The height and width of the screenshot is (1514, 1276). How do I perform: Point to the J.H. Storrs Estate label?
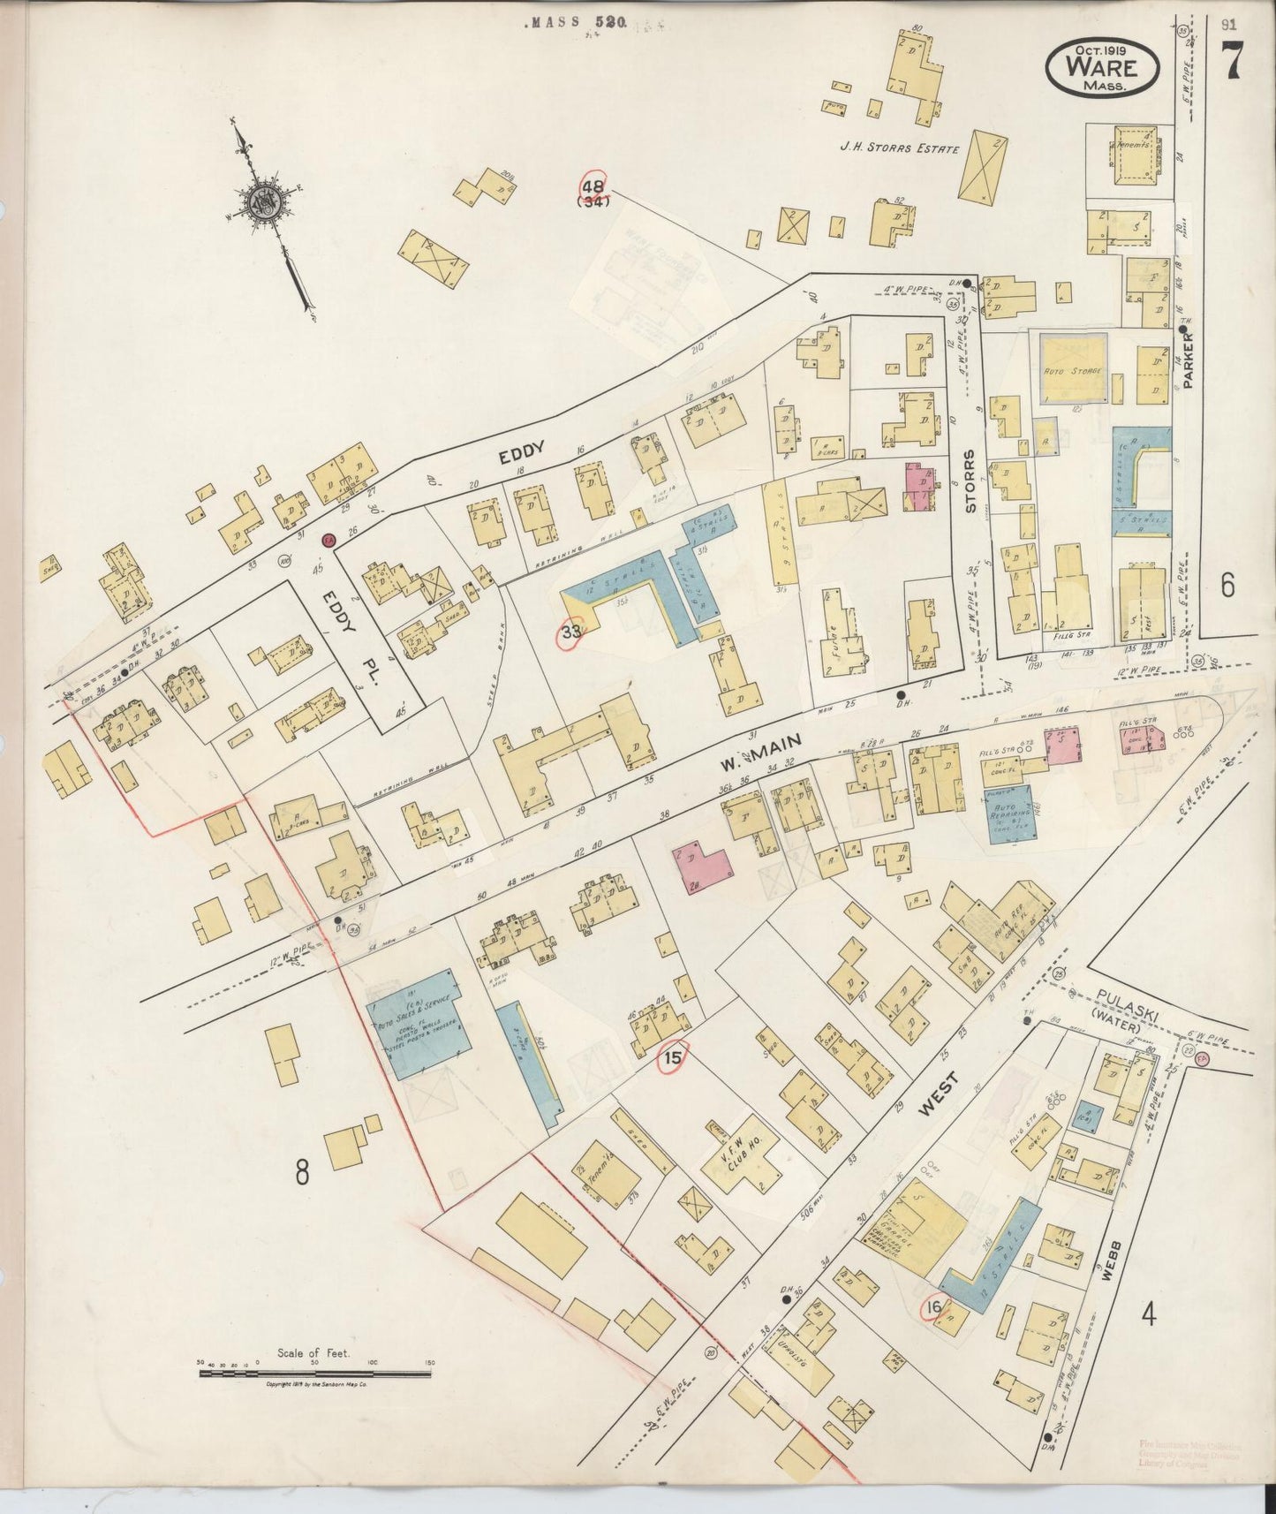click(x=899, y=149)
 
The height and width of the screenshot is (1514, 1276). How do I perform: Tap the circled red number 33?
click(x=571, y=632)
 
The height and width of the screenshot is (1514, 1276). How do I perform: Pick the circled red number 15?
click(x=673, y=1056)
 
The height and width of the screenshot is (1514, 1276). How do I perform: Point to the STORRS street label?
click(x=970, y=481)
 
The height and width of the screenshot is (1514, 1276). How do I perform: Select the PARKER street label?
click(x=1189, y=360)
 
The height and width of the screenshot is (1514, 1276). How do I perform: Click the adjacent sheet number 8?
click(x=302, y=1173)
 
